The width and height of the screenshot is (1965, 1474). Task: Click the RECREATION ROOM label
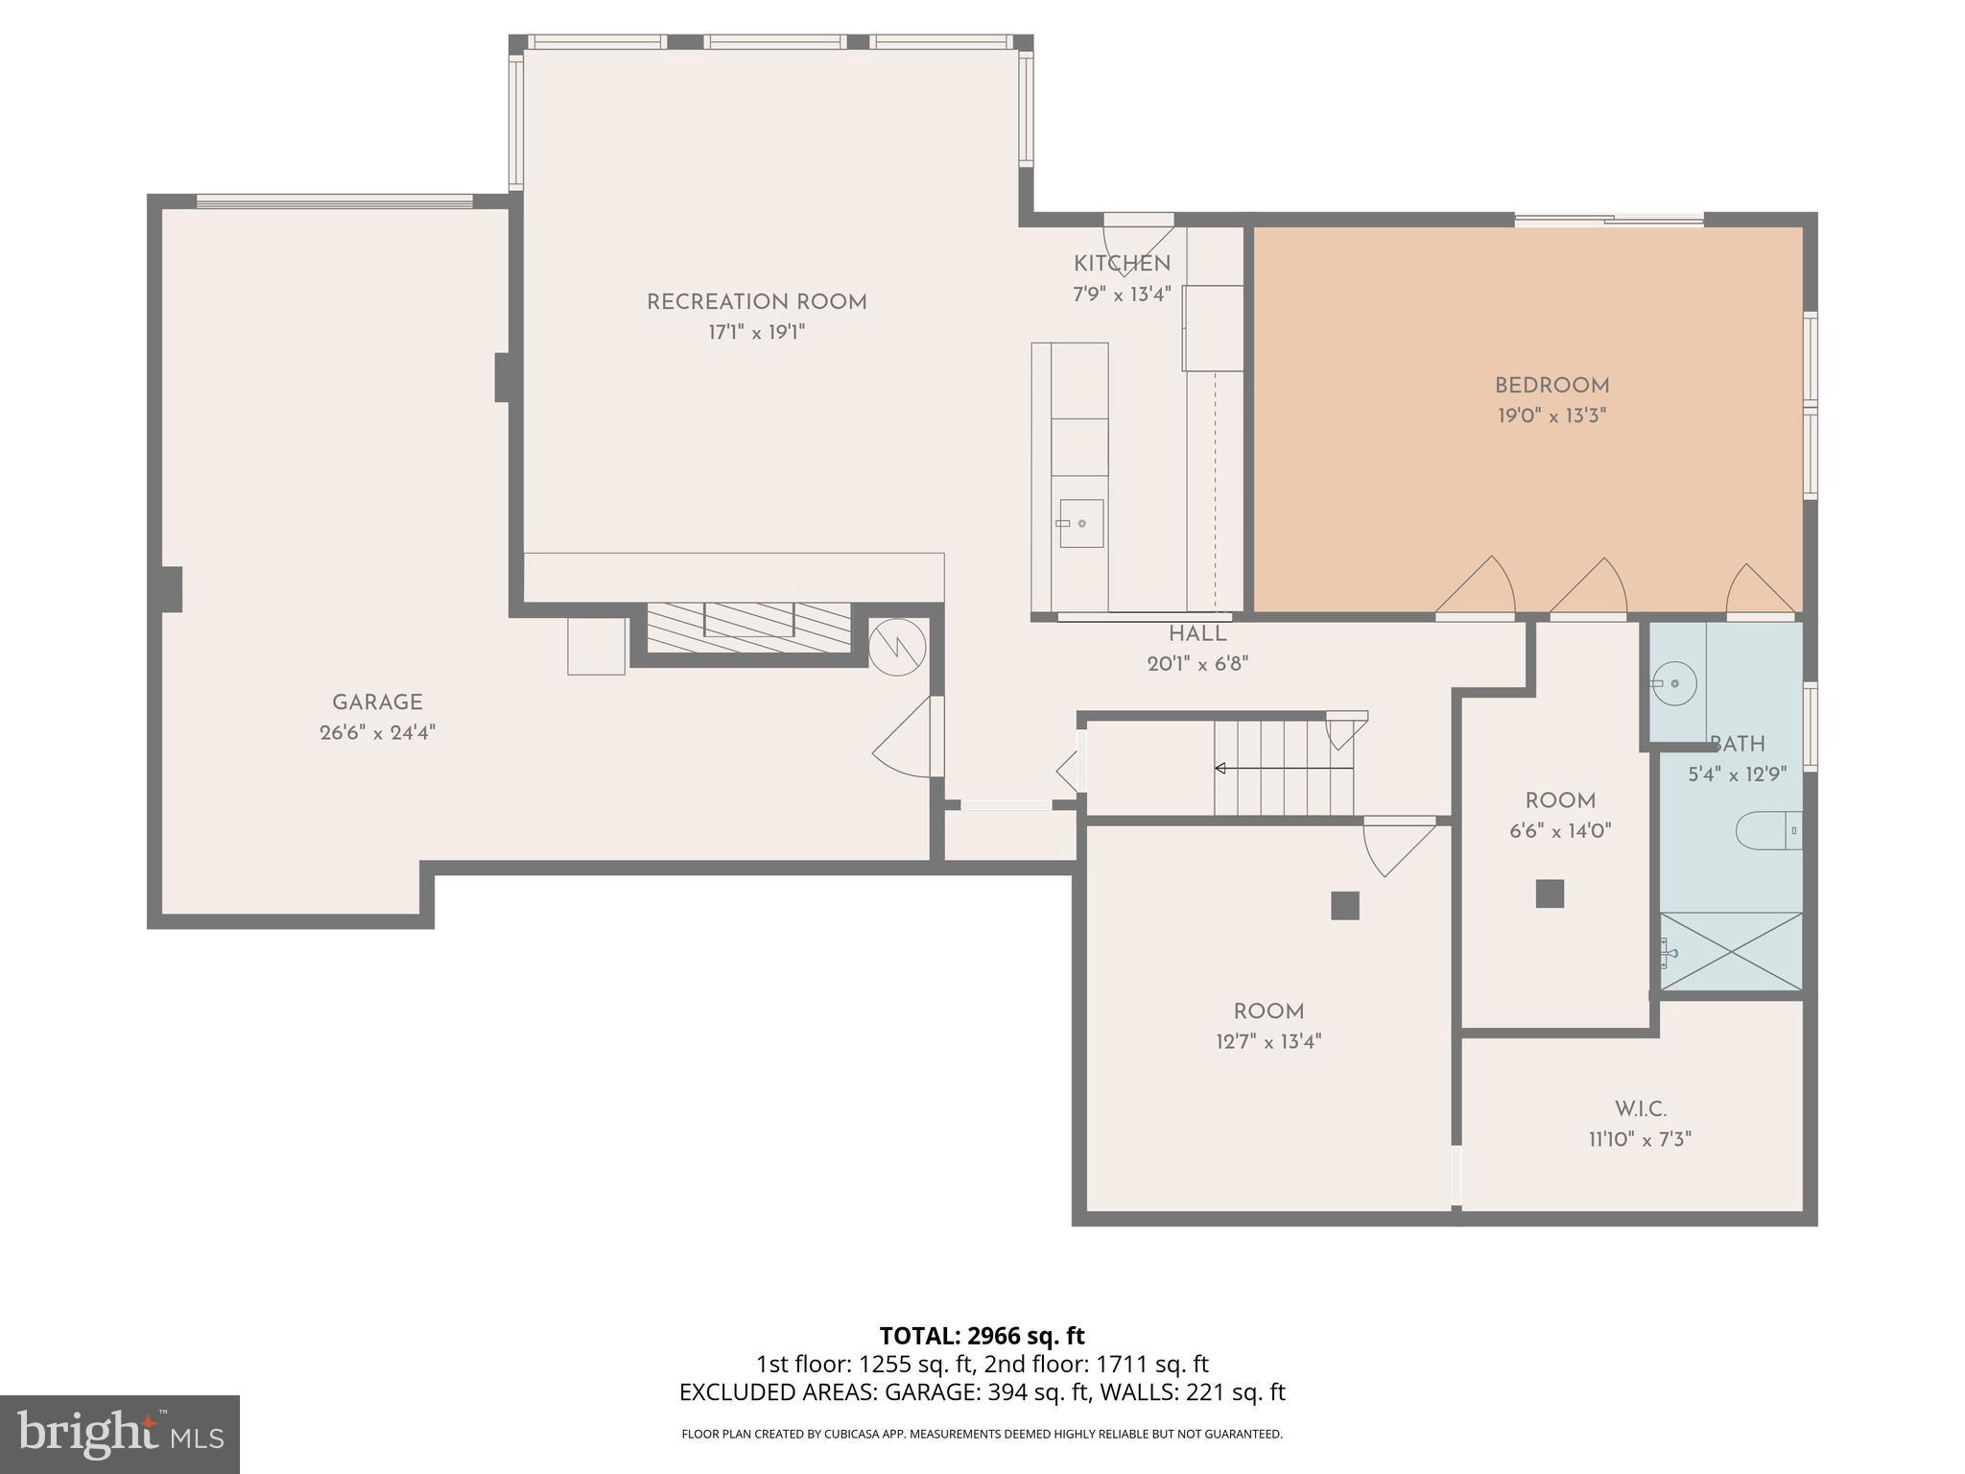(x=756, y=302)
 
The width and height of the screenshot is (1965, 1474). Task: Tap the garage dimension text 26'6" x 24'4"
(x=377, y=733)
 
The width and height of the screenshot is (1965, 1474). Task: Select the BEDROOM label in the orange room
(x=1551, y=386)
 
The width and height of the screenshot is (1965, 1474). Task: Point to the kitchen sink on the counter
(x=1080, y=524)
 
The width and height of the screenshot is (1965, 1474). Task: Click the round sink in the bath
(x=1674, y=683)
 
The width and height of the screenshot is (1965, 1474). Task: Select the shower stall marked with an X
(x=1732, y=951)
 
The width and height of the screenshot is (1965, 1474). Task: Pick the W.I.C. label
(x=1640, y=1109)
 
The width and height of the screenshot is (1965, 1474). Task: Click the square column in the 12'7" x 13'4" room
(x=1344, y=906)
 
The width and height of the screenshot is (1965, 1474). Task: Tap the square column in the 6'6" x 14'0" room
(x=1550, y=893)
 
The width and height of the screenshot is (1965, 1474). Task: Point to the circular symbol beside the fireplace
(x=897, y=648)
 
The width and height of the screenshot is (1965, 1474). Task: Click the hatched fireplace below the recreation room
(x=748, y=629)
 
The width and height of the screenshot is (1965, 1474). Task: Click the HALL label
(x=1196, y=634)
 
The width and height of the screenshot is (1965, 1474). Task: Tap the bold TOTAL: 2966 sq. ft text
(x=982, y=1336)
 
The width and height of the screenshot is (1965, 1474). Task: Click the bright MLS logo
(x=119, y=1434)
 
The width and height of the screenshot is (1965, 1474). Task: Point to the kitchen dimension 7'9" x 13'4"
(x=1122, y=295)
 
